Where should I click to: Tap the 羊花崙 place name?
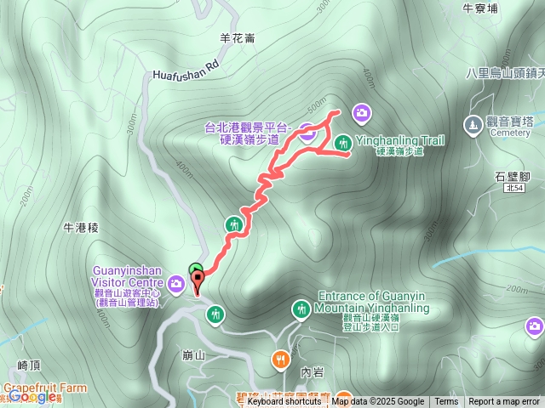click(238, 38)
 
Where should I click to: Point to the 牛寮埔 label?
click(479, 8)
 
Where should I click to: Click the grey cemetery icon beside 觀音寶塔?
click(473, 125)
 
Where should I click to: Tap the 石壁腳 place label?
click(513, 177)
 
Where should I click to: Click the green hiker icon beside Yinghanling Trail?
click(343, 142)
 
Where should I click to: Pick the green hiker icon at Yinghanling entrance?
click(301, 309)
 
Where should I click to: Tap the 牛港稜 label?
click(83, 228)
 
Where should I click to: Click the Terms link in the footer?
click(446, 402)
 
